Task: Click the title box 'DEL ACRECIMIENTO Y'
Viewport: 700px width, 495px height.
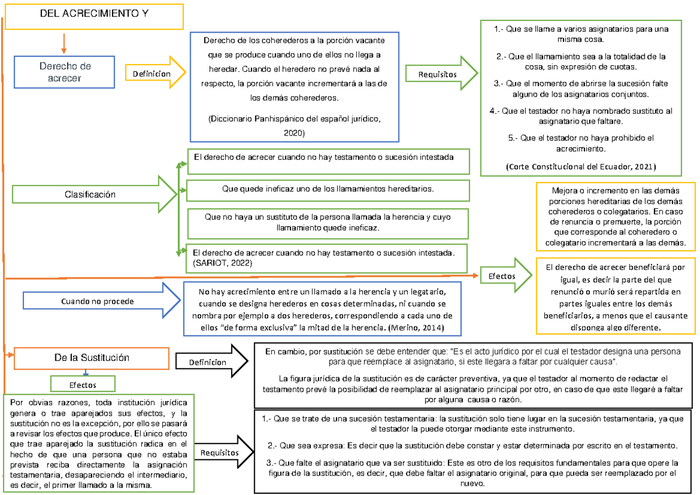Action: point(93,16)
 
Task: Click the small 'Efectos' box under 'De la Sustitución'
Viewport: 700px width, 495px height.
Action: point(83,385)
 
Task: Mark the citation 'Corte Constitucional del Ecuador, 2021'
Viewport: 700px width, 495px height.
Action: point(581,167)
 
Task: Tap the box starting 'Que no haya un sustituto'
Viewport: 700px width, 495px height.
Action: point(328,222)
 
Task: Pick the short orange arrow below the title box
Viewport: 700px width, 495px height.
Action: point(64,43)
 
